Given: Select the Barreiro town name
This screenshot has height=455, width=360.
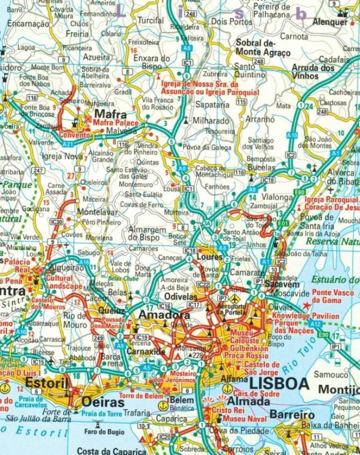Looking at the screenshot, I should click(x=292, y=415).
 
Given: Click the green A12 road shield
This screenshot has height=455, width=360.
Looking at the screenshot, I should click(x=315, y=325).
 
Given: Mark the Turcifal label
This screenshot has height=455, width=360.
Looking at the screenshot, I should click(x=151, y=19).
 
